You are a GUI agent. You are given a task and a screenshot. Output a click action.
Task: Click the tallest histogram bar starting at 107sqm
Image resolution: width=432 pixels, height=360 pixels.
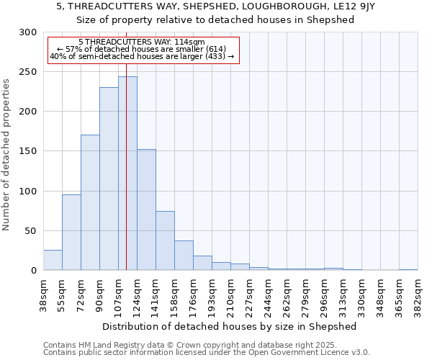(127, 173)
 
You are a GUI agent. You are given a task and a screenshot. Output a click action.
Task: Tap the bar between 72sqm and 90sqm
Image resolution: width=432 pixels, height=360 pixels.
(90, 202)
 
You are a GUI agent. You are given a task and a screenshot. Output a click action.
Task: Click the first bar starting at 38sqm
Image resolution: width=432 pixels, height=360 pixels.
(53, 260)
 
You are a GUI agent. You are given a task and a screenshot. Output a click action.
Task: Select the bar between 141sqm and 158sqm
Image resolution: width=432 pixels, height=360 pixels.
(165, 240)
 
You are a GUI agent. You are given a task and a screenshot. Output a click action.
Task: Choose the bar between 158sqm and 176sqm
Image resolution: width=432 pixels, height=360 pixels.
(184, 256)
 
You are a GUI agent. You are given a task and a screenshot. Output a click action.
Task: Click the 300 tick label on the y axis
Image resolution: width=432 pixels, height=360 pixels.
(28, 32)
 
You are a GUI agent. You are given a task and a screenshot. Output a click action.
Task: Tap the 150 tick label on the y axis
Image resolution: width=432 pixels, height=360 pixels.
(28, 151)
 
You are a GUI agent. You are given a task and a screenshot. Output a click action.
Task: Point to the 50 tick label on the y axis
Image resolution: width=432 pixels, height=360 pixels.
(31, 231)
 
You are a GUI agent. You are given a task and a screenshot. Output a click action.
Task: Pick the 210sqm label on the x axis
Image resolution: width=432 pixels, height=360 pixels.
(231, 295)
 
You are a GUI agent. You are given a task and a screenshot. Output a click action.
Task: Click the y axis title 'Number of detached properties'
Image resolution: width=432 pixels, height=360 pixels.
(6, 156)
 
